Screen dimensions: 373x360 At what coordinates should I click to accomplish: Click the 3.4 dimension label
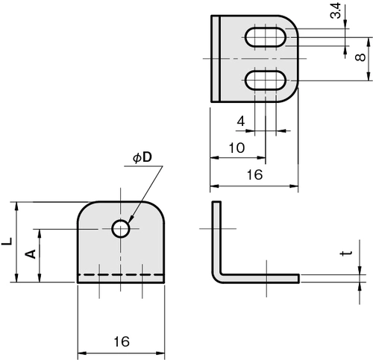point(336,10)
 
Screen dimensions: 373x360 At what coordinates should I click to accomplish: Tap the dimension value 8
point(360,57)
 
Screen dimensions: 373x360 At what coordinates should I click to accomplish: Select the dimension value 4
point(241,121)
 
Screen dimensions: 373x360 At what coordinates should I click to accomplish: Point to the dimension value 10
point(236,148)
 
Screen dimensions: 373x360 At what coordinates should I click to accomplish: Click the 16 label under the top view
point(254,174)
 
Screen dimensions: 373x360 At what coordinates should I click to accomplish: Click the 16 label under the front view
point(122,341)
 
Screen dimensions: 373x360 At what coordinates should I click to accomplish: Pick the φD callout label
point(142,158)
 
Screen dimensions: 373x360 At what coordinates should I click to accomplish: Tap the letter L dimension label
point(7,241)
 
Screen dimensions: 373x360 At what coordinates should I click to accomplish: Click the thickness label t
point(346,253)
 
